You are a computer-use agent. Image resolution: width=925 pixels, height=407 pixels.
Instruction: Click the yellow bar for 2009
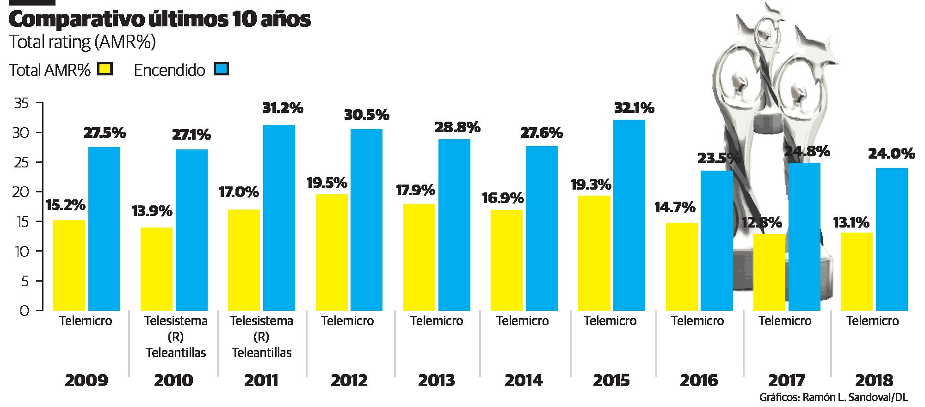coord(69,265)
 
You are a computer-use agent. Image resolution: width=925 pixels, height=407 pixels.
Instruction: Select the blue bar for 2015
coord(629,215)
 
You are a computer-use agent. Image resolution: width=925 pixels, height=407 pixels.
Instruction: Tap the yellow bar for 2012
coord(331,252)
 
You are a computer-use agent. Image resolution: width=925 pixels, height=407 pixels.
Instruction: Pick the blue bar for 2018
coord(892,239)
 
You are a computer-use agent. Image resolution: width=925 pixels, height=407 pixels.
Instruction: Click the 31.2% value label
coord(283,108)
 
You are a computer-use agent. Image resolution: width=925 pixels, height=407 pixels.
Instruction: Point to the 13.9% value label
coord(152,211)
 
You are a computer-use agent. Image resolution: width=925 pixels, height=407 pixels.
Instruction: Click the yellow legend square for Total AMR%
coord(105,70)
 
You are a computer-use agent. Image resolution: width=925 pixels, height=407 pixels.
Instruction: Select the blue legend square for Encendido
coord(221,70)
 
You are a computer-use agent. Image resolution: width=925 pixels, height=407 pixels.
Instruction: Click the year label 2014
coord(524,380)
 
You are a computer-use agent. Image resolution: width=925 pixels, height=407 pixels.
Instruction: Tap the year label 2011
coord(261,380)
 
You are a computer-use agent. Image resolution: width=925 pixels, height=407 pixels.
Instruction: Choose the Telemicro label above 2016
coord(697,321)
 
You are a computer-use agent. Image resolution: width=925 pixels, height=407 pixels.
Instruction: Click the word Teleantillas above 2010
coord(176,353)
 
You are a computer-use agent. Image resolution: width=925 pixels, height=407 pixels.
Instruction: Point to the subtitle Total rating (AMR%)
coord(82,43)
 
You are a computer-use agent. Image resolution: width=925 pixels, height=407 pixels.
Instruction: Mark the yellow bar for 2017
coord(770,272)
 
